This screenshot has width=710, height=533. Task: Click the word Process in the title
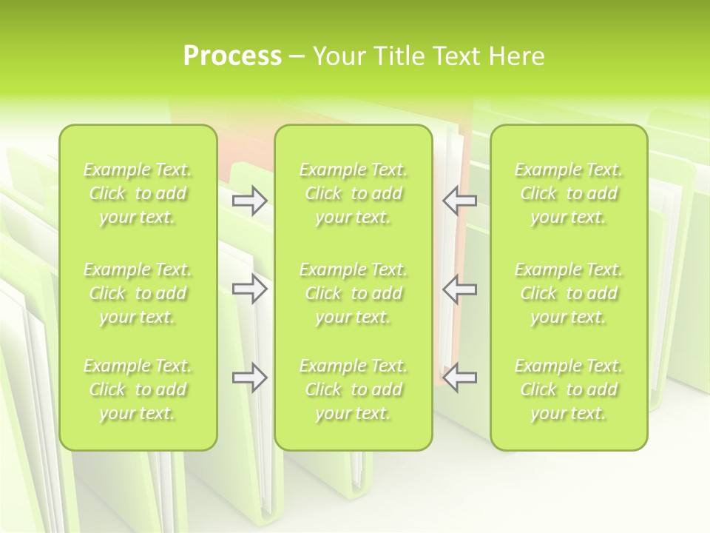point(232,56)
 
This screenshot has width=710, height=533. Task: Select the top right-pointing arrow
point(249,201)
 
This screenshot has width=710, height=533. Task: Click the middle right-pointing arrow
point(249,289)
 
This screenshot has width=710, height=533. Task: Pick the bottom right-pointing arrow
point(249,378)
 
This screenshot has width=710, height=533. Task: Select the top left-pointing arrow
point(460,201)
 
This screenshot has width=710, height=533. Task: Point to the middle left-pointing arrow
point(460,289)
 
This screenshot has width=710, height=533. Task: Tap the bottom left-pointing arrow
point(460,378)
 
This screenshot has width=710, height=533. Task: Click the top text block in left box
point(138,193)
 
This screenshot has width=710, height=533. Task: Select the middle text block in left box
point(138,293)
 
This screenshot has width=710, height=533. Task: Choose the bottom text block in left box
point(138,389)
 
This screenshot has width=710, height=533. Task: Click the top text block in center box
point(353,193)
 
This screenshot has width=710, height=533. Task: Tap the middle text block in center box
point(353,293)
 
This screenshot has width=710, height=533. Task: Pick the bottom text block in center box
point(353,389)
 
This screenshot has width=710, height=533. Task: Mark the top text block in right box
point(568,193)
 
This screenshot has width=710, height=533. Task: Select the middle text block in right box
point(568,293)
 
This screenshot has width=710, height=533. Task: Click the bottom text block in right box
point(568,389)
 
